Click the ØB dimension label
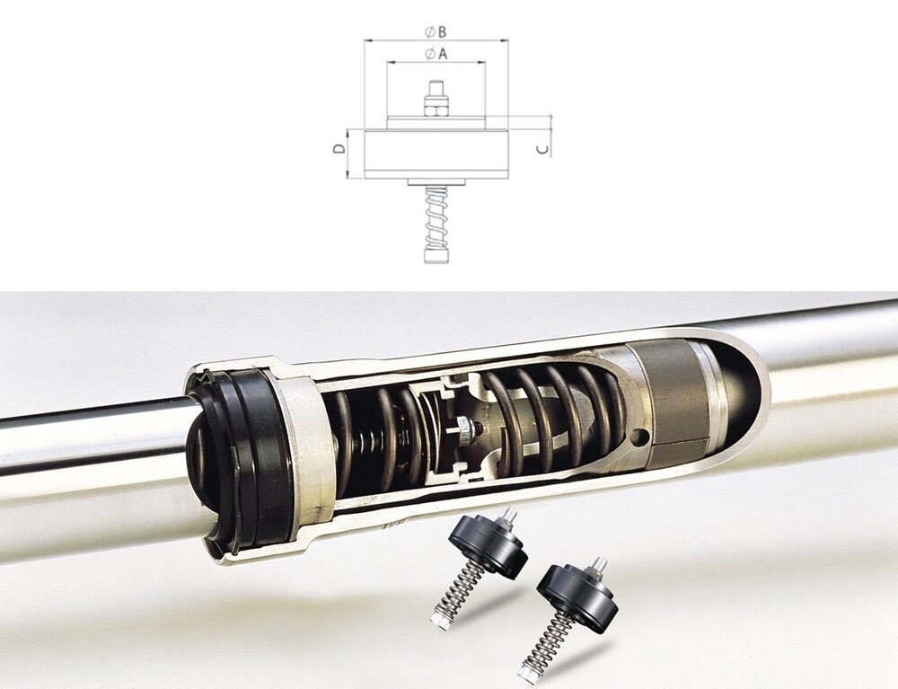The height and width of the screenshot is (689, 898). (x=436, y=31)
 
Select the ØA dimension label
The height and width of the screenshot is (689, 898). (x=436, y=53)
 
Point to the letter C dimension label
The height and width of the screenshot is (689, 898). (x=543, y=149)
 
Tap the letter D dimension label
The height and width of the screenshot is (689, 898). (x=339, y=148)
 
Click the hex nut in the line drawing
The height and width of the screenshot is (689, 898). (x=436, y=107)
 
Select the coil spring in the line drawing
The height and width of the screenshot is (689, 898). (x=436, y=216)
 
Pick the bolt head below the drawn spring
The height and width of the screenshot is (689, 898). (x=436, y=255)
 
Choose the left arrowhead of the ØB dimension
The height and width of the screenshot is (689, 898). (x=367, y=40)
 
